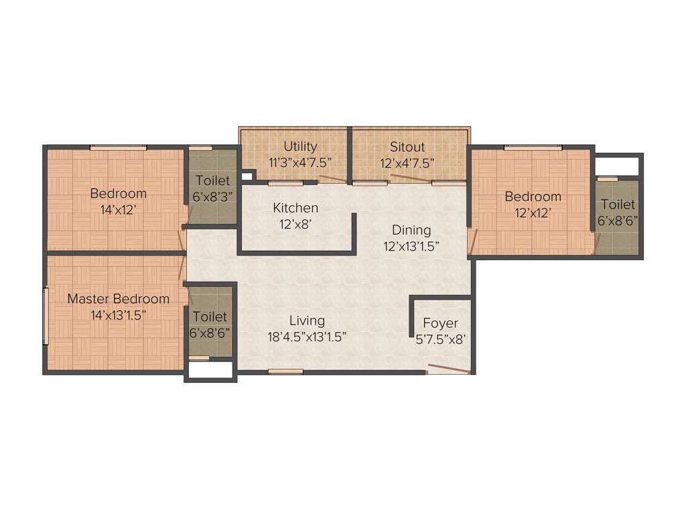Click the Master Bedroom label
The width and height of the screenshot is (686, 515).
118,298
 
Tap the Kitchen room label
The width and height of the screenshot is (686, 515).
295,208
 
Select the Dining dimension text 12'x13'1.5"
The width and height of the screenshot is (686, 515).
411,245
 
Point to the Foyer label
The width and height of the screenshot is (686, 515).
441,323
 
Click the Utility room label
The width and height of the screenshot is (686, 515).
300,146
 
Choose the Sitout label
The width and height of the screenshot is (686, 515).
408,146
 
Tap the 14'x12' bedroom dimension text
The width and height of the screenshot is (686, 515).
118,209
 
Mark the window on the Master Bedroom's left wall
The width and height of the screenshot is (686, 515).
46,315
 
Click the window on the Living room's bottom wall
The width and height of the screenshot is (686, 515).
285,371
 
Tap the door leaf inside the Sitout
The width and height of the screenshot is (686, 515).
410,178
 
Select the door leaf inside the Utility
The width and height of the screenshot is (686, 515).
332,178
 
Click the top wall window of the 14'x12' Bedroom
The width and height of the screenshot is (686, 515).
119,148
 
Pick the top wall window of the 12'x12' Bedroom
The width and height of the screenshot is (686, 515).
533,148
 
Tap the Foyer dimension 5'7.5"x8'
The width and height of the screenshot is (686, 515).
441,339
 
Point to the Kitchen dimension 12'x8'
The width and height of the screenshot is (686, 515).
295,224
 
